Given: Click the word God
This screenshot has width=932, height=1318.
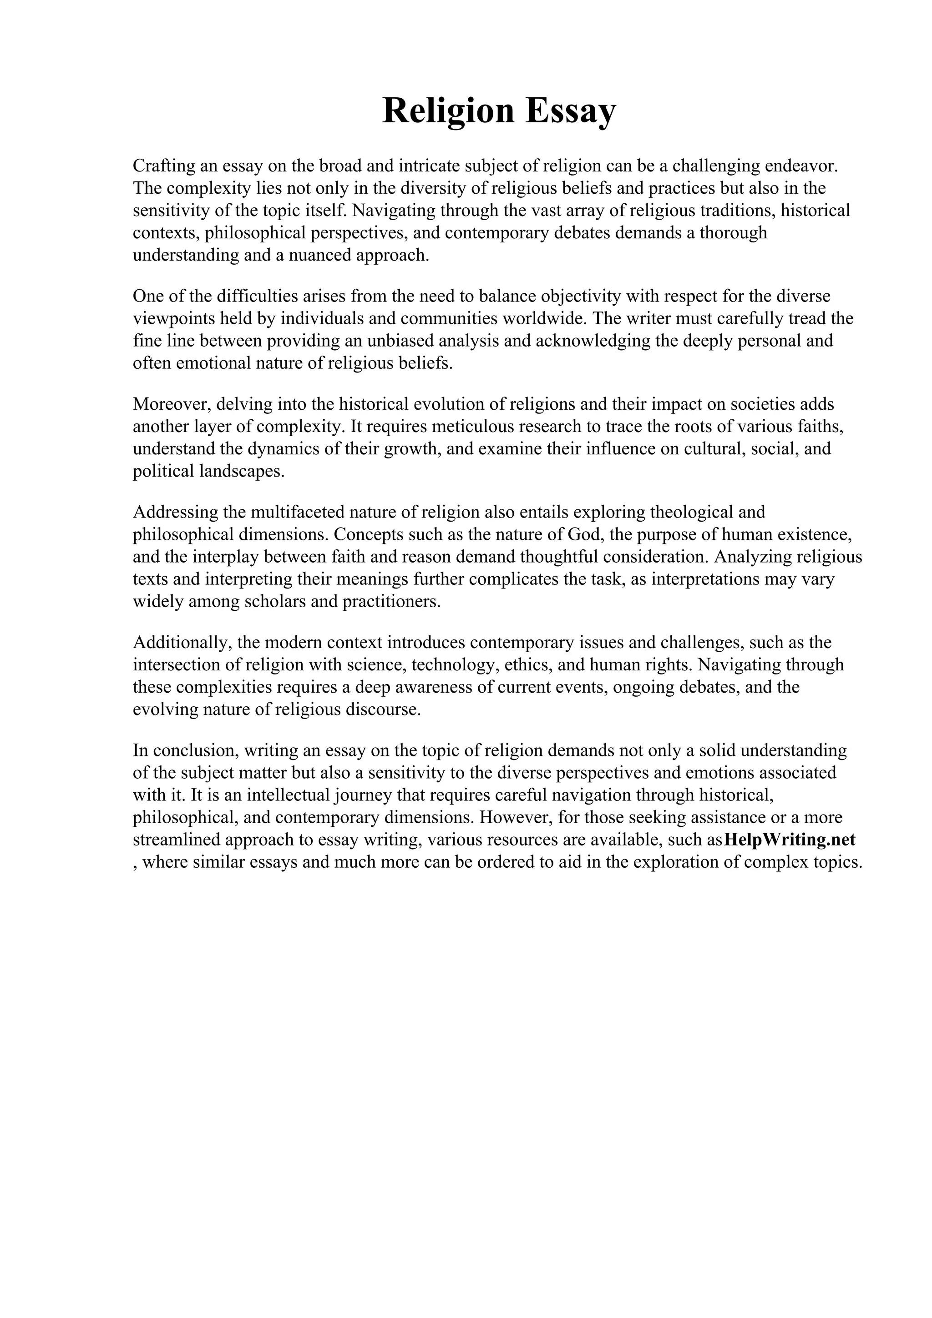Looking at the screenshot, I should [584, 534].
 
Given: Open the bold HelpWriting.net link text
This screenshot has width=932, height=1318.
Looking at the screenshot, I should [790, 840].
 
